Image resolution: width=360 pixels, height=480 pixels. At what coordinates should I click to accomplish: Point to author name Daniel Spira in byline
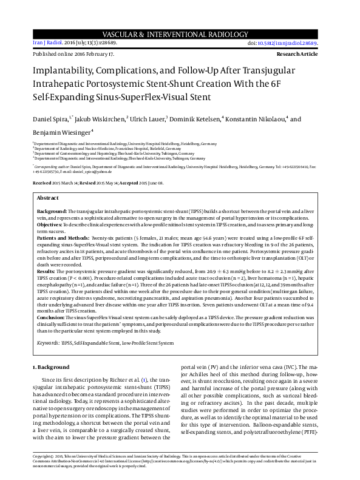pos(50,119)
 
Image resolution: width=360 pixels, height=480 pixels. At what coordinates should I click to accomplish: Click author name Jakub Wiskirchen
pos(101,119)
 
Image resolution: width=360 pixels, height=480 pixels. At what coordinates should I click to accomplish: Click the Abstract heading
pos(48,198)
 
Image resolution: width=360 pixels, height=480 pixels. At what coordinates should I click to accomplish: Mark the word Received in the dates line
pos(42,183)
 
